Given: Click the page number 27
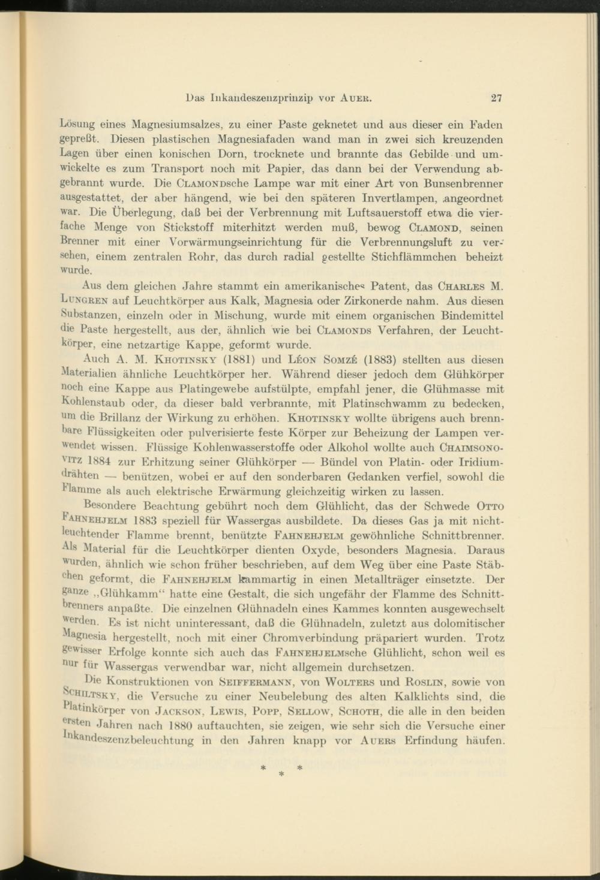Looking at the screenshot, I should click(x=496, y=98).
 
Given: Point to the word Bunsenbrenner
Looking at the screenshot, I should click(x=463, y=184).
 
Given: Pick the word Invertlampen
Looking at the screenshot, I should click(x=401, y=198).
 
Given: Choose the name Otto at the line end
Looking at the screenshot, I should click(x=490, y=506).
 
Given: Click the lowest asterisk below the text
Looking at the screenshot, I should click(x=281, y=774).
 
